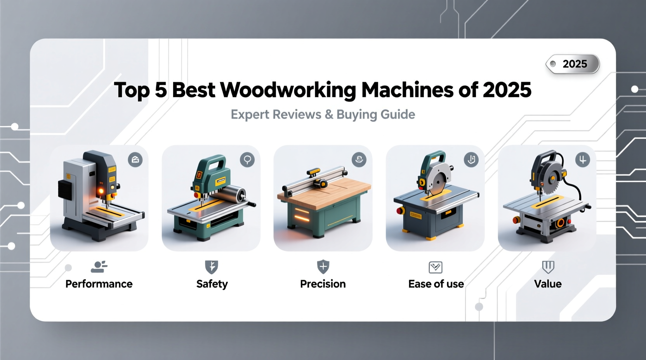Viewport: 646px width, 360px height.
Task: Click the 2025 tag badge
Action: pyautogui.click(x=573, y=64)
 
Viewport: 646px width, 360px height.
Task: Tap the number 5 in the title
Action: pyautogui.click(x=160, y=90)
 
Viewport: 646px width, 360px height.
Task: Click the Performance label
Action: pyautogui.click(x=99, y=284)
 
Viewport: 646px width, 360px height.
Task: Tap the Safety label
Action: pyautogui.click(x=212, y=284)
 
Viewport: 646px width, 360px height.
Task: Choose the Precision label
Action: pyautogui.click(x=323, y=284)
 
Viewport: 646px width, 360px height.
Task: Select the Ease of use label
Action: pyautogui.click(x=436, y=284)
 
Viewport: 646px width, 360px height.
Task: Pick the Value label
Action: pyautogui.click(x=547, y=284)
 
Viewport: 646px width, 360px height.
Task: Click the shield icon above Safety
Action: pyautogui.click(x=212, y=267)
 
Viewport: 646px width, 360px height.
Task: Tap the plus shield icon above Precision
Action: pyautogui.click(x=323, y=267)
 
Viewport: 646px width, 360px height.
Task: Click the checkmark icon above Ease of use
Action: pyautogui.click(x=435, y=267)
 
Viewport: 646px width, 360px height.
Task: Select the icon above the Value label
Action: pyautogui.click(x=548, y=267)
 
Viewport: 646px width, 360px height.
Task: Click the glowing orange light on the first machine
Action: pyautogui.click(x=101, y=191)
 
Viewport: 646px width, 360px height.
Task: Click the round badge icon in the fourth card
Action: pyautogui.click(x=471, y=159)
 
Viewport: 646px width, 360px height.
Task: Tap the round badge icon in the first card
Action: pyautogui.click(x=135, y=159)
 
